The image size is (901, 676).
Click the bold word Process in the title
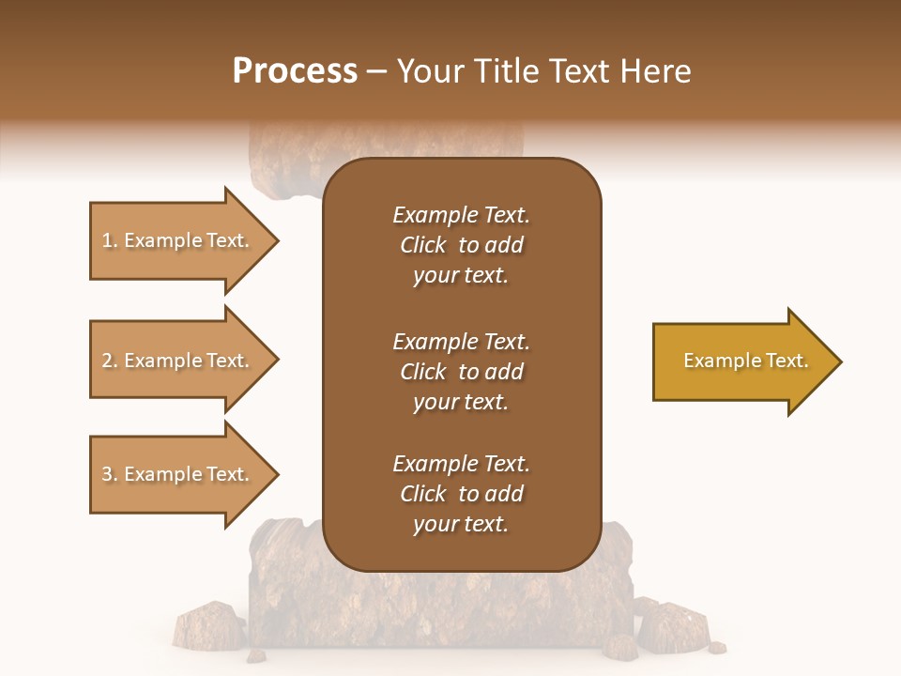[x=295, y=71]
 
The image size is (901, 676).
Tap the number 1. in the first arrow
[x=110, y=240]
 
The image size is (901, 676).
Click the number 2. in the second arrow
[x=110, y=361]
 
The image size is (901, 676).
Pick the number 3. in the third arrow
[x=110, y=474]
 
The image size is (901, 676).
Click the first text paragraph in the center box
[x=461, y=245]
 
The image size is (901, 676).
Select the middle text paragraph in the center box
[x=461, y=372]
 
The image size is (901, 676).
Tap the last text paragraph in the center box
[x=461, y=494]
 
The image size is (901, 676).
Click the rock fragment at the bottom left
[x=208, y=625]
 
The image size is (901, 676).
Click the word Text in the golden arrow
[x=786, y=361]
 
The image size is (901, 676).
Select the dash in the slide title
[x=376, y=71]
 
